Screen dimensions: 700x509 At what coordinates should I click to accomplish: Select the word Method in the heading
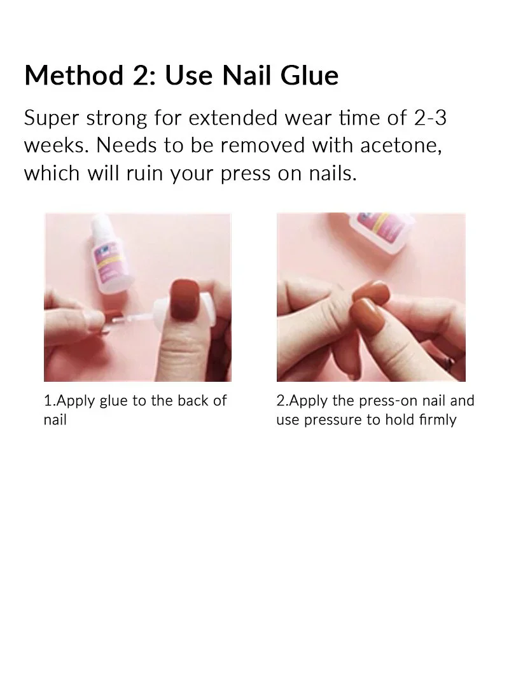tap(69, 76)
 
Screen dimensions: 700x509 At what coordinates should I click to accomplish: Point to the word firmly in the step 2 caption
tap(437, 421)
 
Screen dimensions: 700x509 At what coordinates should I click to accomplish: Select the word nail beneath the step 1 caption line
tap(55, 421)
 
